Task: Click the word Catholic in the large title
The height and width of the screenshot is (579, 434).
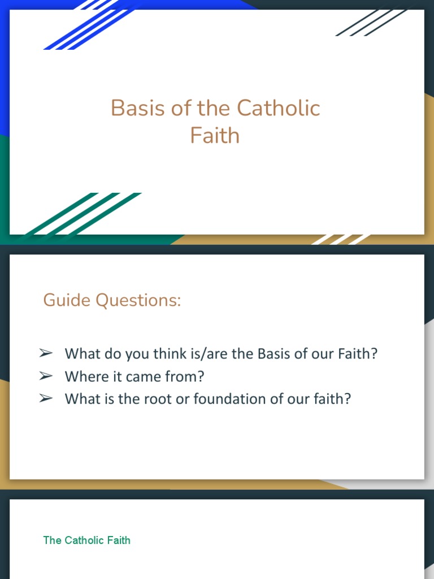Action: (x=279, y=108)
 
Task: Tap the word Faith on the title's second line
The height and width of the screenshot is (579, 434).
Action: (x=215, y=136)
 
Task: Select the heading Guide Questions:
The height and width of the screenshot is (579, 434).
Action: (x=112, y=300)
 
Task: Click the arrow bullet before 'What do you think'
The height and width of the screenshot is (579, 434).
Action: (x=46, y=353)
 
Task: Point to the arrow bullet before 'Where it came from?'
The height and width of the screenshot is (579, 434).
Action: (x=46, y=376)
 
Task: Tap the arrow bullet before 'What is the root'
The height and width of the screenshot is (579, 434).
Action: (x=46, y=399)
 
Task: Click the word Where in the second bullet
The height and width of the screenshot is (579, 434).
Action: (x=84, y=377)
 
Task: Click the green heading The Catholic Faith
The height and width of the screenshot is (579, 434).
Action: (x=86, y=541)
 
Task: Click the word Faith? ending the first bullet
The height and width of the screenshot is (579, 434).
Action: (x=357, y=354)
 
